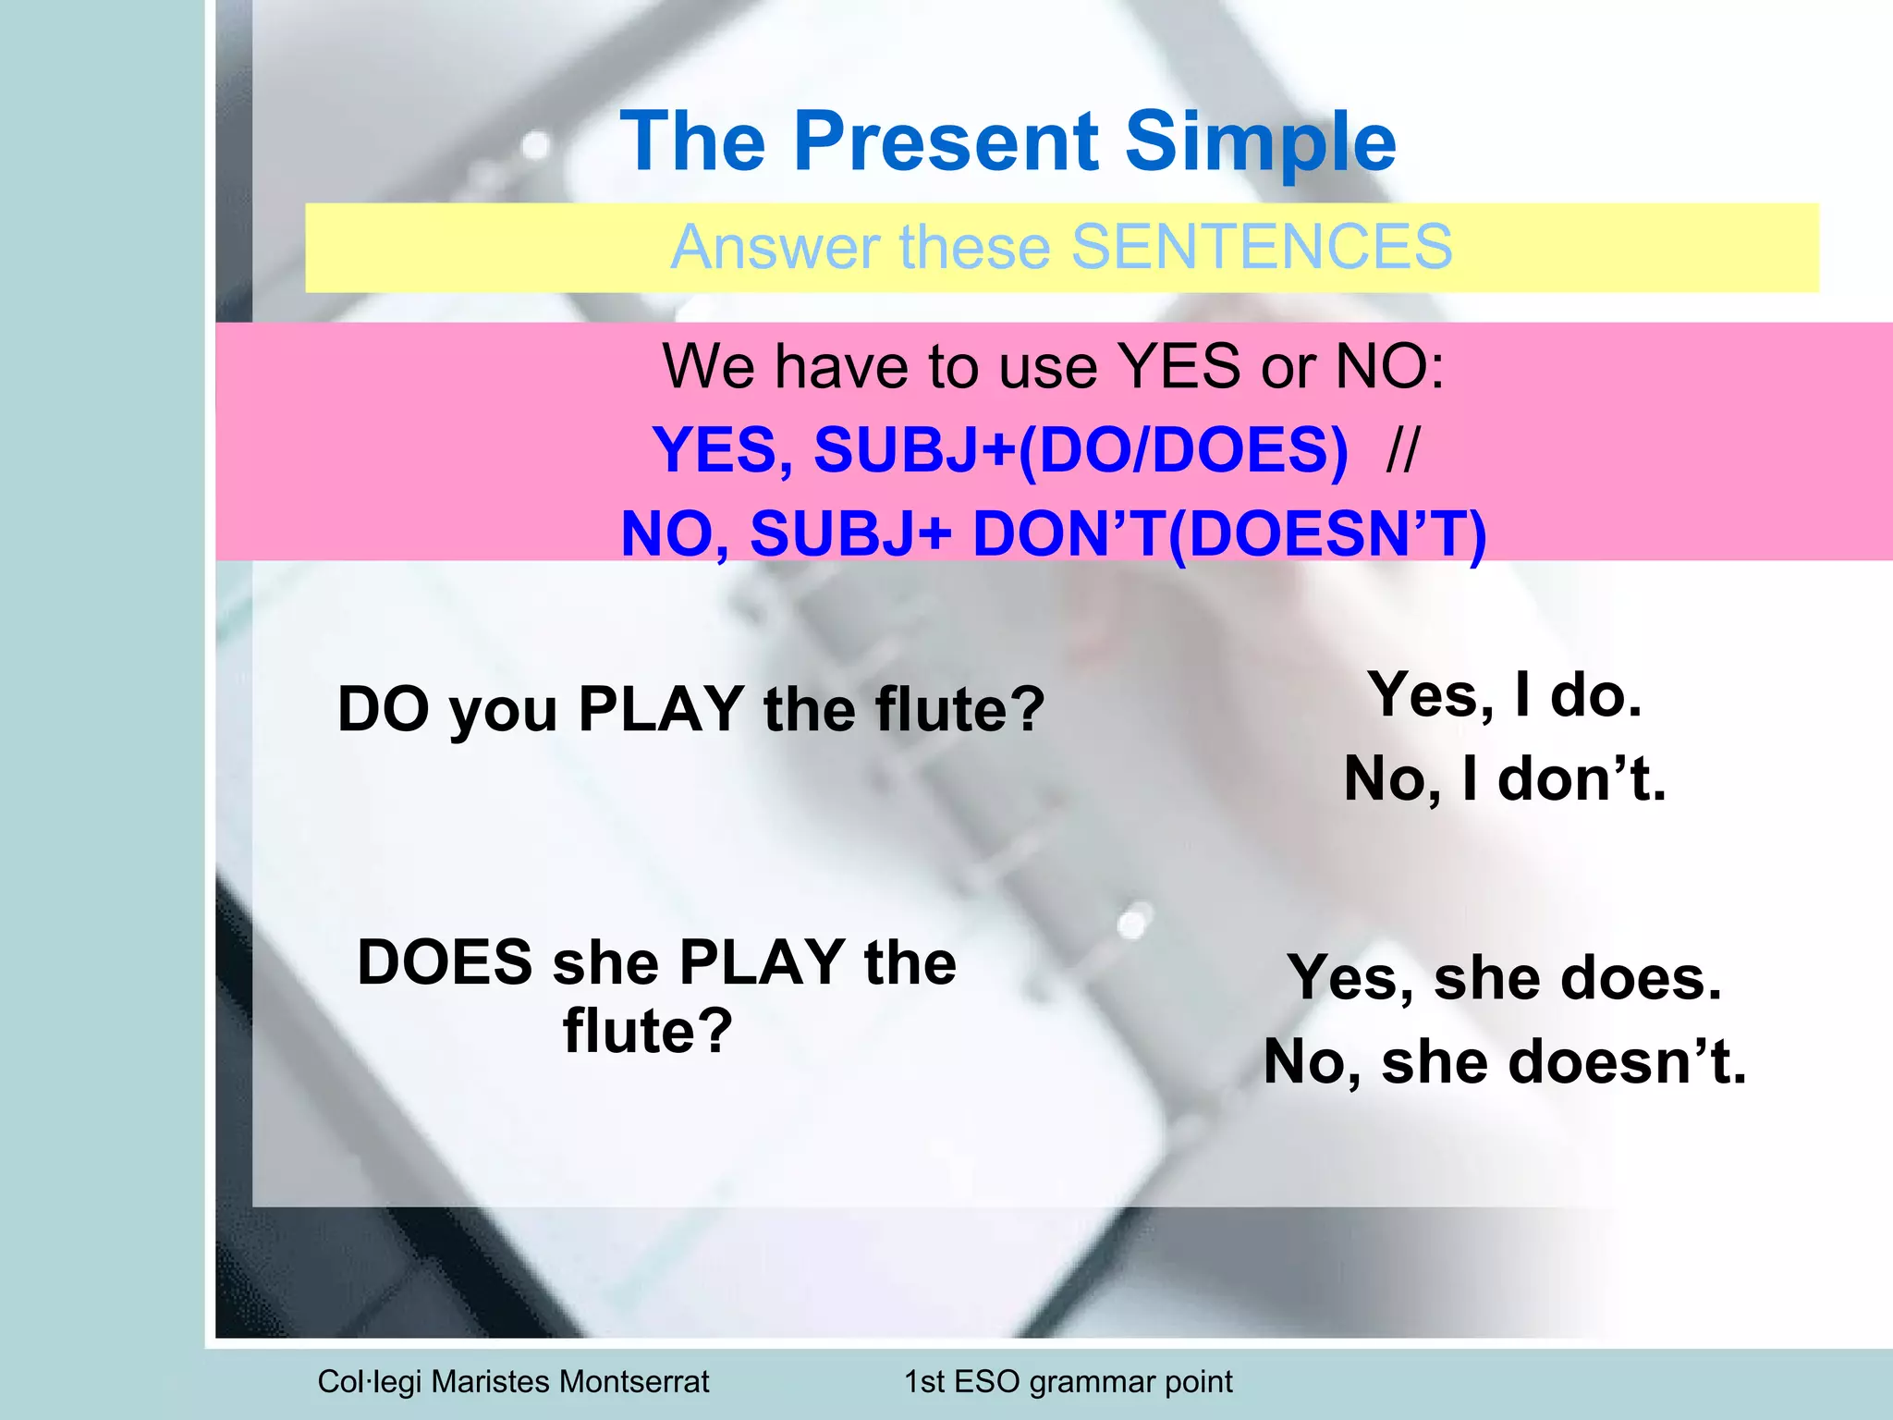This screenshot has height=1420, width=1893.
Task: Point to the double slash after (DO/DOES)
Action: tap(1401, 450)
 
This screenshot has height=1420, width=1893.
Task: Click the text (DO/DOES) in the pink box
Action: tap(1182, 450)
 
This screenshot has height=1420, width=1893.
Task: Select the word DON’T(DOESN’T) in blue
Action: tap(1229, 534)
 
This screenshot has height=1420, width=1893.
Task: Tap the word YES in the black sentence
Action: tap(1179, 366)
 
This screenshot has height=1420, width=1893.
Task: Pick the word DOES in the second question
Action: tap(445, 962)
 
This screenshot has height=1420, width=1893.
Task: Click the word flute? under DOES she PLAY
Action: tap(648, 1031)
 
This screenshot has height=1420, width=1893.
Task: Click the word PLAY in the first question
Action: tap(661, 709)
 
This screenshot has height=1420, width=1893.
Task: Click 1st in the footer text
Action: tap(923, 1381)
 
